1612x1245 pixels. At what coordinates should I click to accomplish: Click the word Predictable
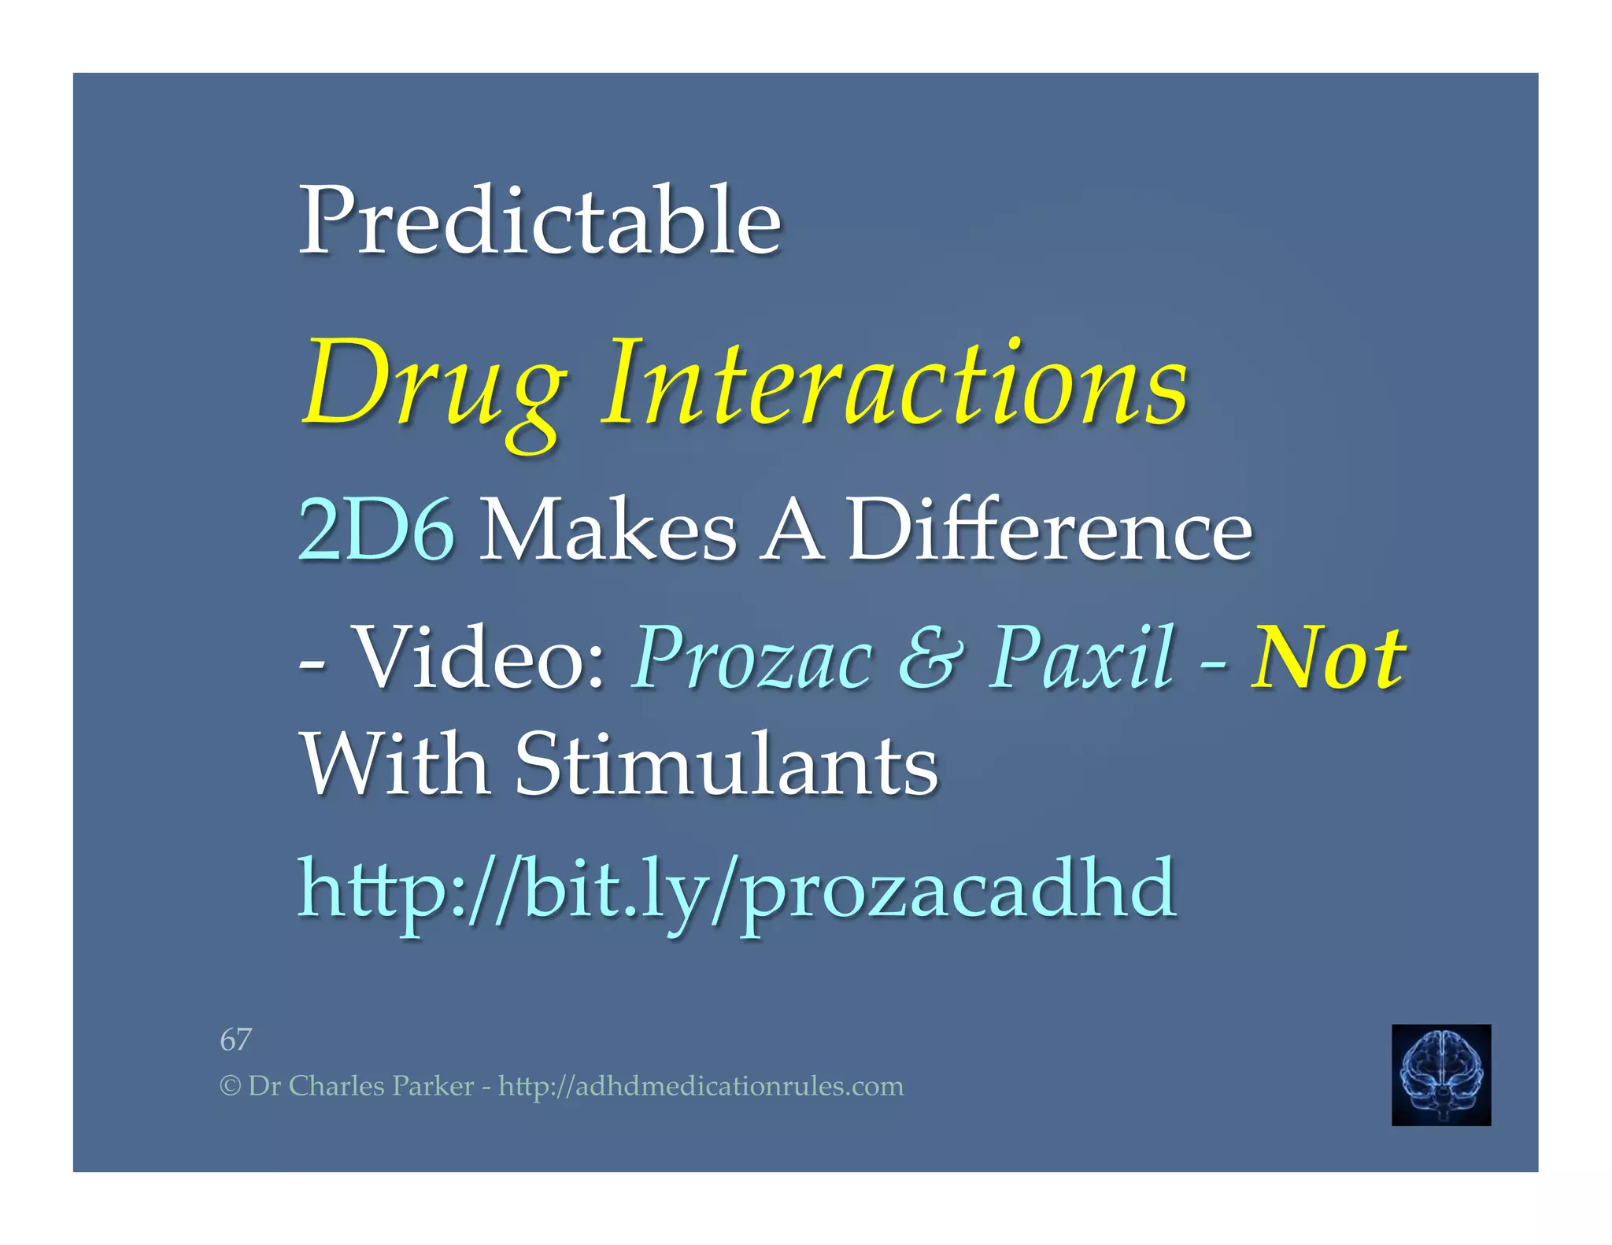click(x=540, y=220)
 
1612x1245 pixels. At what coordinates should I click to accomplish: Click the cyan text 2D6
click(x=376, y=530)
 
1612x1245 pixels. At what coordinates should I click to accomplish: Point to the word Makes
click(x=608, y=530)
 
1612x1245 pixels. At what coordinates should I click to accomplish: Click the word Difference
click(x=1049, y=530)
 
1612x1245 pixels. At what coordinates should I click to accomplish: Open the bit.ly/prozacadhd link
click(x=737, y=889)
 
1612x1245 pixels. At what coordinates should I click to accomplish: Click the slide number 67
click(x=235, y=1040)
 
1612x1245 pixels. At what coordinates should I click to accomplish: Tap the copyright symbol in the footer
click(x=230, y=1087)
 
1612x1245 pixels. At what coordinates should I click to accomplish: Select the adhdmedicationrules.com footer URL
click(x=701, y=1086)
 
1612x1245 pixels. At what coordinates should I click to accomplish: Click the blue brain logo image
click(x=1440, y=1074)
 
